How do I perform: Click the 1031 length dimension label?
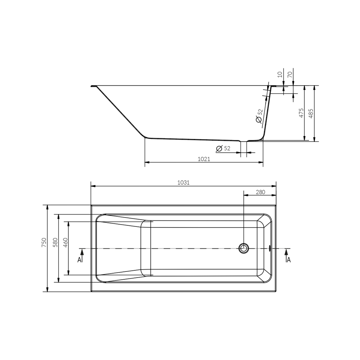click(x=183, y=183)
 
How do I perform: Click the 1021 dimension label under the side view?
click(x=204, y=159)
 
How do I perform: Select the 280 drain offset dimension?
click(x=260, y=192)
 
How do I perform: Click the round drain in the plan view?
click(x=244, y=248)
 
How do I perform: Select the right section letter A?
click(x=289, y=260)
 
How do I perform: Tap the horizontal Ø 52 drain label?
click(x=223, y=148)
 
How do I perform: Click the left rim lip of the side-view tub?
click(x=93, y=86)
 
